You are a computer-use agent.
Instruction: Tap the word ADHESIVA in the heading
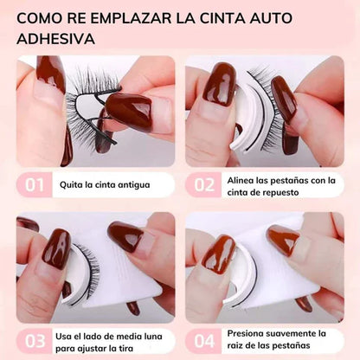tap(57, 39)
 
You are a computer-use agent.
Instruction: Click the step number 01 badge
tap(34, 184)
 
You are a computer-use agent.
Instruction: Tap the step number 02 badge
tap(203, 184)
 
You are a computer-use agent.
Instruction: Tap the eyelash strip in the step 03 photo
tap(82, 273)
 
